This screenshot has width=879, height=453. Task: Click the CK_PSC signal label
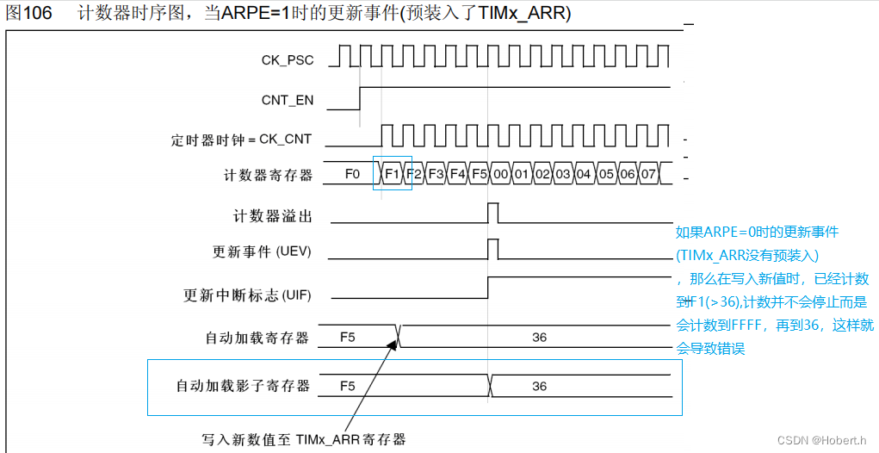tap(288, 60)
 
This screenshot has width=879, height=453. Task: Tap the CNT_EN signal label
tap(288, 100)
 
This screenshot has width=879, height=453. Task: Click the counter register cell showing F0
tap(352, 174)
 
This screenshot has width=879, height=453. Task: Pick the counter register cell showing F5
tap(480, 174)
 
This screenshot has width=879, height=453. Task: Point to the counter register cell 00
tap(500, 174)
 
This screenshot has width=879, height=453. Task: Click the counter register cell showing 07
tap(648, 174)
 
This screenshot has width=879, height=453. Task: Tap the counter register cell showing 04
tap(585, 174)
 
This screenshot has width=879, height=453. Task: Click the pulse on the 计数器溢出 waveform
tap(493, 212)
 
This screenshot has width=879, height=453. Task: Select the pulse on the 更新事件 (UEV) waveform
tap(493, 249)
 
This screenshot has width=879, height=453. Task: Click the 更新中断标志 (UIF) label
tap(247, 295)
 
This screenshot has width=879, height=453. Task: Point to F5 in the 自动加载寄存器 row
tap(348, 338)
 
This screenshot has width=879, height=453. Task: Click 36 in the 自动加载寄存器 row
tap(539, 338)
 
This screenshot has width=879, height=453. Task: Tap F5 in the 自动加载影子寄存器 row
tap(348, 386)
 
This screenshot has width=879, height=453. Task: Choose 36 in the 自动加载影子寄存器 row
tap(539, 386)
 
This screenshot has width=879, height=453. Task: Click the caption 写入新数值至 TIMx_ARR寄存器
tap(303, 439)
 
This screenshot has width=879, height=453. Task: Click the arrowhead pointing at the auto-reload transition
tap(396, 343)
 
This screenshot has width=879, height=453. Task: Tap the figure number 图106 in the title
tap(28, 15)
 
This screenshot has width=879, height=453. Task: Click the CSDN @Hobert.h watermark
tap(821, 440)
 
